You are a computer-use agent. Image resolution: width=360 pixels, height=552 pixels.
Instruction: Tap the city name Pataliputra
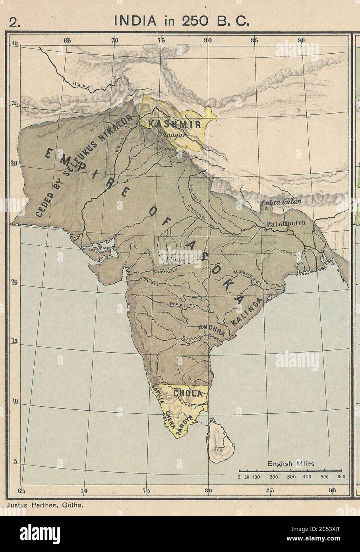[286, 223]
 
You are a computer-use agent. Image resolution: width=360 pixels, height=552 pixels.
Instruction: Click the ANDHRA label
[212, 330]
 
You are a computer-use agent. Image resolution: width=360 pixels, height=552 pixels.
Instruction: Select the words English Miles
[291, 463]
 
